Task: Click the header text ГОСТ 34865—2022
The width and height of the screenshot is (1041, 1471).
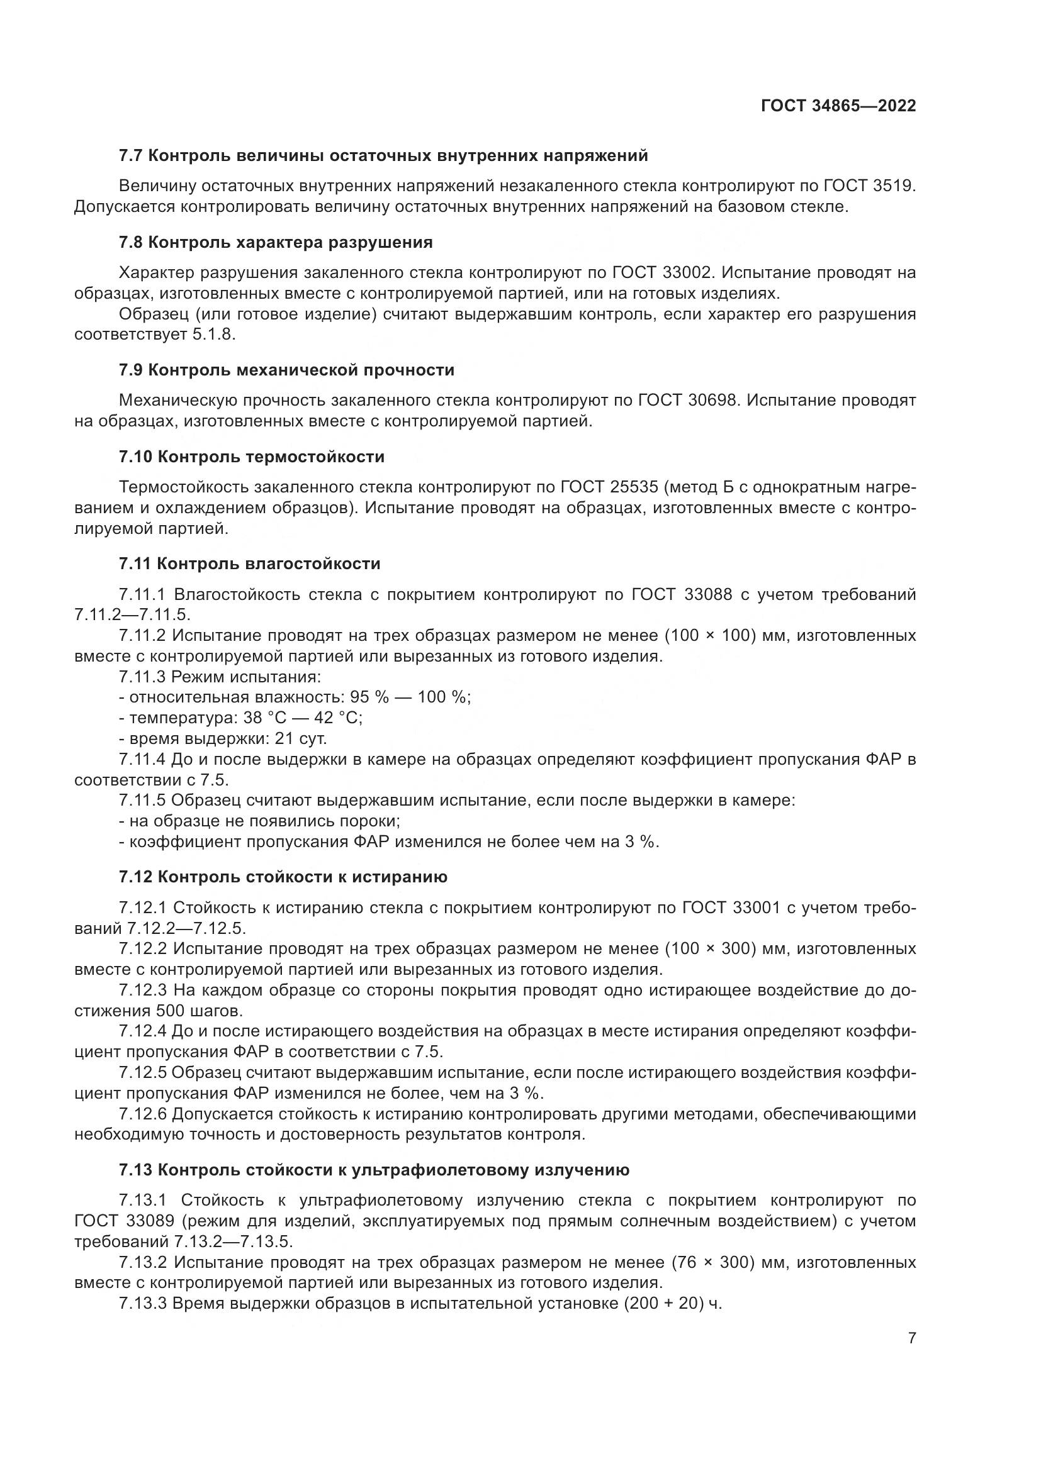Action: (838, 106)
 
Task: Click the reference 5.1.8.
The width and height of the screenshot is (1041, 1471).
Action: (214, 335)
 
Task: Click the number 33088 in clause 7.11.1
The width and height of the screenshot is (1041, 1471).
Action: (707, 594)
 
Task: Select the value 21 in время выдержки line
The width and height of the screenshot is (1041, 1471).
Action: (284, 739)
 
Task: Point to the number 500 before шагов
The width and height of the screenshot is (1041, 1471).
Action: (168, 1011)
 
